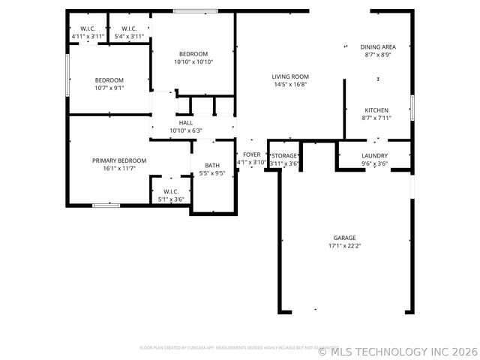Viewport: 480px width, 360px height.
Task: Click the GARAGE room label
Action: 345,238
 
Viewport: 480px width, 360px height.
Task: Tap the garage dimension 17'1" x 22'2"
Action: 345,246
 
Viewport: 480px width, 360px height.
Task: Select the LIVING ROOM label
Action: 290,76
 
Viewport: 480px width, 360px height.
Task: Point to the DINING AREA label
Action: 378,46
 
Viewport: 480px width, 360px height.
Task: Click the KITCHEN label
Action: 376,110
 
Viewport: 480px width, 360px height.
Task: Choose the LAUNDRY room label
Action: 374,155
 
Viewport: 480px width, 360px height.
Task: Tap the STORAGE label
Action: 284,155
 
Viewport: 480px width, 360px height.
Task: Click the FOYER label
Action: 251,154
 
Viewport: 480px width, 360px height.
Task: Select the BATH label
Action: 212,166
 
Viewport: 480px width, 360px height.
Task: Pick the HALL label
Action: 185,123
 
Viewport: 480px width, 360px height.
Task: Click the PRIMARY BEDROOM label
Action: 119,160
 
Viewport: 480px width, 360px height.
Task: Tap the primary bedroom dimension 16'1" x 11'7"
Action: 119,169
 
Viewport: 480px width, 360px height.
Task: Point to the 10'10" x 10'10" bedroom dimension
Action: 193,61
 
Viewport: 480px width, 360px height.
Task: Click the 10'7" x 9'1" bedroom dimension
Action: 109,88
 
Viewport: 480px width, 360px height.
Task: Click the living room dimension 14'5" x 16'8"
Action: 290,84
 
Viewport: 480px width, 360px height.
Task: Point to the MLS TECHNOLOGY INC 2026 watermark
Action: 397,351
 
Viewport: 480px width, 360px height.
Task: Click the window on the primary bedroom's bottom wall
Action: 106,205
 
